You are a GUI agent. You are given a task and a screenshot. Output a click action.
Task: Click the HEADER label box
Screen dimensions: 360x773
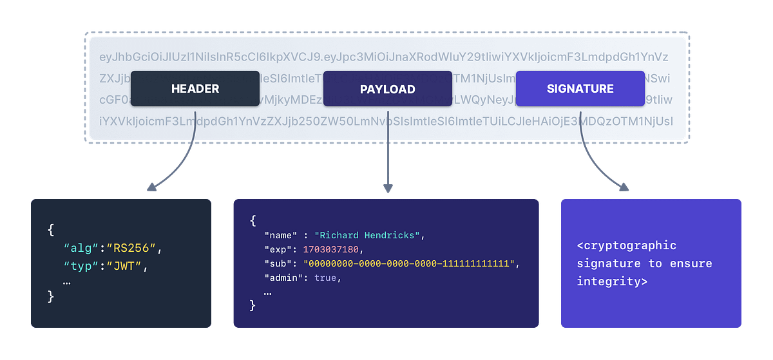pyautogui.click(x=195, y=89)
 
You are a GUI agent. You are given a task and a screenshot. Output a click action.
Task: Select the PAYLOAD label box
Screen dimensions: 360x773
pyautogui.click(x=387, y=89)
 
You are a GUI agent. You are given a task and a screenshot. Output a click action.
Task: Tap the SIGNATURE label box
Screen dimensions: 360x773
pyautogui.click(x=580, y=89)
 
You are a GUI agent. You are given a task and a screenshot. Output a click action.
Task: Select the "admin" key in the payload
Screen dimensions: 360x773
pyautogui.click(x=279, y=278)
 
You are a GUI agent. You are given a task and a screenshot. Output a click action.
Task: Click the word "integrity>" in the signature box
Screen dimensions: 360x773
pyautogui.click(x=612, y=281)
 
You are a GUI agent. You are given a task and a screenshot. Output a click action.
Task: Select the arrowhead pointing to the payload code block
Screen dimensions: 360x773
pyautogui.click(x=387, y=188)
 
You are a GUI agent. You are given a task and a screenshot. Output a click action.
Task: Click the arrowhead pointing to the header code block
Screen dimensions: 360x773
pyautogui.click(x=151, y=187)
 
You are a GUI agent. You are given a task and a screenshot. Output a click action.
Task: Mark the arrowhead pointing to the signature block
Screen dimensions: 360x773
pyautogui.click(x=623, y=187)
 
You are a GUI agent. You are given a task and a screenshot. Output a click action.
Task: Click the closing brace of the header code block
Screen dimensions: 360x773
pyautogui.click(x=52, y=296)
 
